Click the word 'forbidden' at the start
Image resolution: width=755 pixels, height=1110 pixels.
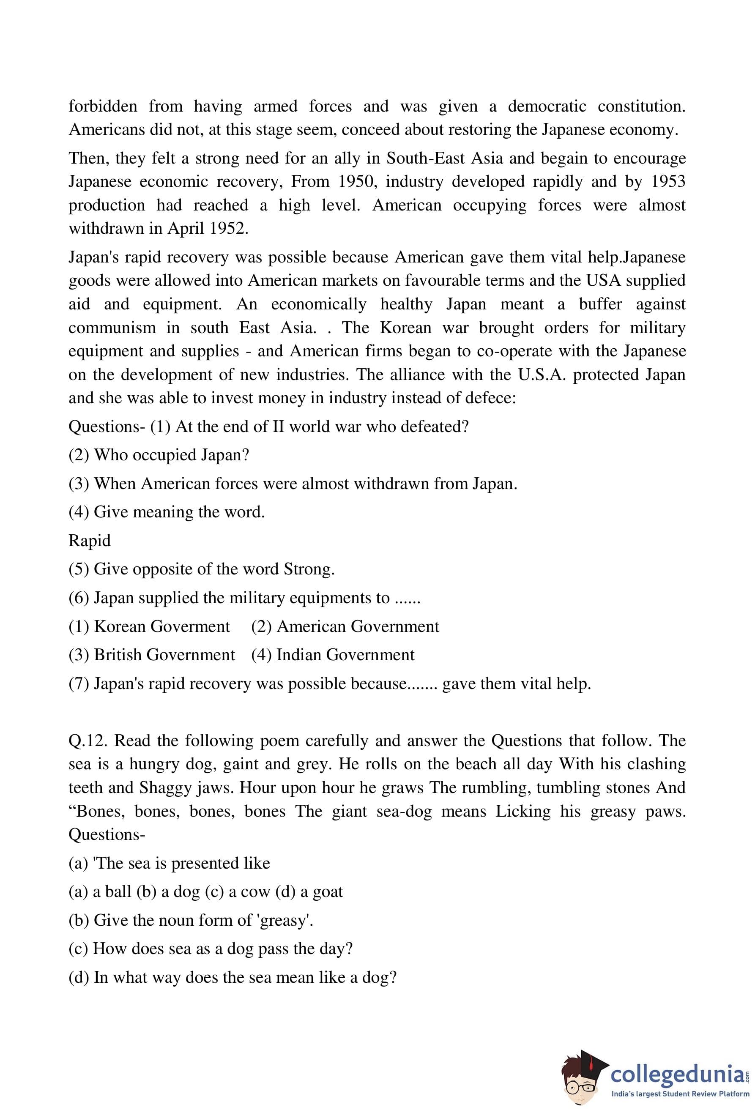tap(103, 106)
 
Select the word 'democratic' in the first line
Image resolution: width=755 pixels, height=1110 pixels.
tap(547, 106)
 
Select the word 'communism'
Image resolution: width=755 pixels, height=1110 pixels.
tap(112, 328)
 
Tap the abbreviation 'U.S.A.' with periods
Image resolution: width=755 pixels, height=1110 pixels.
tap(540, 375)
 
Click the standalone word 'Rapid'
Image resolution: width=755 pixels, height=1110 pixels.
tap(90, 540)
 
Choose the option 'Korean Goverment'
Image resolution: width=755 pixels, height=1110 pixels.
tap(162, 626)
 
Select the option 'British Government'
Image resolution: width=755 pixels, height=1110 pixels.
tap(164, 654)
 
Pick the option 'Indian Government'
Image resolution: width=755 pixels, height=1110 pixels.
tap(345, 654)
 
